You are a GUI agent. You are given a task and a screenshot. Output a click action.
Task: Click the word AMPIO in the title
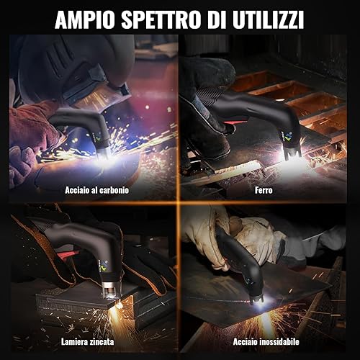[x=86, y=19]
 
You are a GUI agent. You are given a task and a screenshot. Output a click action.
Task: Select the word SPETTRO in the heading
[x=161, y=19]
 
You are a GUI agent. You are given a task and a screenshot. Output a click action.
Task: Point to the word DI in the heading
[x=216, y=19]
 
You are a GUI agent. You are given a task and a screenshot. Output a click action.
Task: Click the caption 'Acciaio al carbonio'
[x=96, y=190]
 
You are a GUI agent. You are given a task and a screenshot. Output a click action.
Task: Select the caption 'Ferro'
[x=264, y=190]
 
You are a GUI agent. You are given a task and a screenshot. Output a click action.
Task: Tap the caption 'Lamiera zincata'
[x=87, y=341]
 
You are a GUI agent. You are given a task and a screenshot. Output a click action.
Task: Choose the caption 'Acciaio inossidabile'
[x=266, y=341]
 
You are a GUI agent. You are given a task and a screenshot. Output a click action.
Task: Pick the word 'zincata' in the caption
[x=101, y=341]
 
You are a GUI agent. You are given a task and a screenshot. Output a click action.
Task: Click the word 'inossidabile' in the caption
[x=279, y=341]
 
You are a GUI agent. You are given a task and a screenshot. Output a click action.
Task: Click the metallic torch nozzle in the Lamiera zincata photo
[x=111, y=289]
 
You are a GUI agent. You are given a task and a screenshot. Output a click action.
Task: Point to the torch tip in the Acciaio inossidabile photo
[x=257, y=300]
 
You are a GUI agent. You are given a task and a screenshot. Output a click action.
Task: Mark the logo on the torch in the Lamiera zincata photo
[x=104, y=266]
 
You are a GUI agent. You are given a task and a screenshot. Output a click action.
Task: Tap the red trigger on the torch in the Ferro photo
[x=233, y=122]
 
